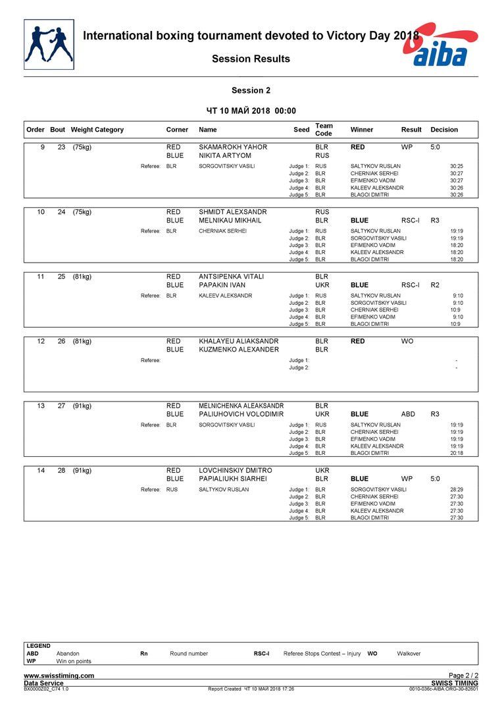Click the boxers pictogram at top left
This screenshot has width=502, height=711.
(x=49, y=44)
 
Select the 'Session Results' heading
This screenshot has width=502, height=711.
(x=251, y=59)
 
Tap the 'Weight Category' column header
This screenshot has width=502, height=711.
(x=97, y=130)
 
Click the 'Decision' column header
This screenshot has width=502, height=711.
(x=444, y=130)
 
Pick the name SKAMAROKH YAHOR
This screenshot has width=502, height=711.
(x=233, y=147)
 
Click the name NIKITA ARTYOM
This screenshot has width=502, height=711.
(x=225, y=155)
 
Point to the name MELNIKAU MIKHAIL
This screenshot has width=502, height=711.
(x=230, y=221)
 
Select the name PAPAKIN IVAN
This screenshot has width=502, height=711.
(x=222, y=285)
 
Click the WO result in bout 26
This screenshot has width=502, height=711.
(x=407, y=341)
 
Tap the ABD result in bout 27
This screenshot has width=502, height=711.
(x=408, y=415)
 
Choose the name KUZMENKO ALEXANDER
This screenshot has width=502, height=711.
(x=239, y=350)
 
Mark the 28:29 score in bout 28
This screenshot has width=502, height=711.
(x=456, y=490)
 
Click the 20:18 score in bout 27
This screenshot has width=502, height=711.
(x=456, y=453)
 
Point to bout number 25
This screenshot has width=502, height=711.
(x=61, y=276)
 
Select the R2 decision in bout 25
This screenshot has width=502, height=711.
(x=435, y=285)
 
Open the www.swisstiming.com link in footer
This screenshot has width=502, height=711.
(x=59, y=675)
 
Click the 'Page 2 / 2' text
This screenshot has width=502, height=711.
(x=463, y=675)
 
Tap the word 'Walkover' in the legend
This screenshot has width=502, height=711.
(x=409, y=654)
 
